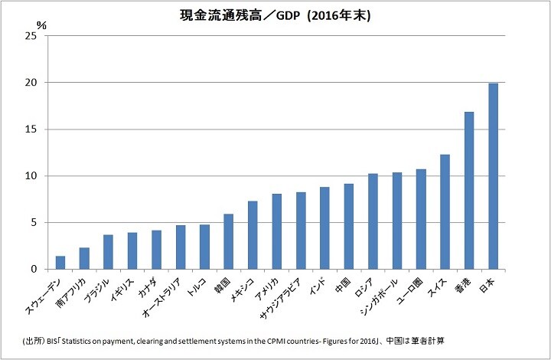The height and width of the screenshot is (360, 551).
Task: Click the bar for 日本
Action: coord(494,176)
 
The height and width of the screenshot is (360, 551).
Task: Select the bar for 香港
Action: coord(469,191)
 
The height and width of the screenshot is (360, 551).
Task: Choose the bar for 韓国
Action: coord(229,242)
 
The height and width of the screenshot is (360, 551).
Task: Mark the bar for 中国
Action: coord(349,227)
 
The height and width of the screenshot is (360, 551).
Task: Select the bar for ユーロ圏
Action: coord(421,219)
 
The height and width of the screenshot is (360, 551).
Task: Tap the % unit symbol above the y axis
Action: coord(41,25)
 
